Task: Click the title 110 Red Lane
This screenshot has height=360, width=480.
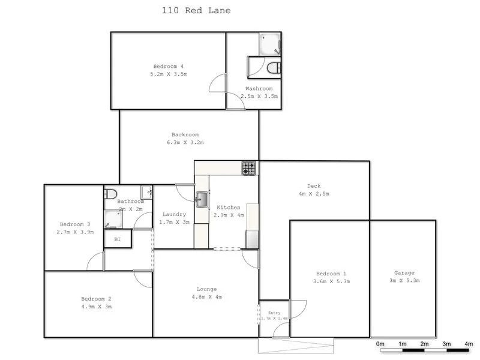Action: (196, 10)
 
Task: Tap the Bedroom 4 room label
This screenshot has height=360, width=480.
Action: (169, 66)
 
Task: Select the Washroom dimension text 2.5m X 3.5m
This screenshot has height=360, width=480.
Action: (259, 96)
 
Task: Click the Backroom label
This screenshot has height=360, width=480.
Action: (185, 134)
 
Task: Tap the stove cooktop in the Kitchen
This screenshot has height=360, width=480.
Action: (249, 168)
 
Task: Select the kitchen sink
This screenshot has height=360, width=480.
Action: (202, 198)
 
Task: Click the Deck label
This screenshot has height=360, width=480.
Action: (314, 186)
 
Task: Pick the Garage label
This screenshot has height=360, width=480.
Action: (404, 273)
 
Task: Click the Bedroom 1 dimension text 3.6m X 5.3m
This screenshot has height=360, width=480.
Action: (331, 281)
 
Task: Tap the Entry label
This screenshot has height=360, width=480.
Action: (274, 313)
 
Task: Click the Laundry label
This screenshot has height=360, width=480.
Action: (174, 214)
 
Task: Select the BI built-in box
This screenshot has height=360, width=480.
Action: (118, 239)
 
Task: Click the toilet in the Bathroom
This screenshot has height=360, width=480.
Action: (110, 194)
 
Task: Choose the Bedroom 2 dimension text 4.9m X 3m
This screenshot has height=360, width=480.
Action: (97, 307)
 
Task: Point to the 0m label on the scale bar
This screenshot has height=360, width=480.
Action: (380, 344)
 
